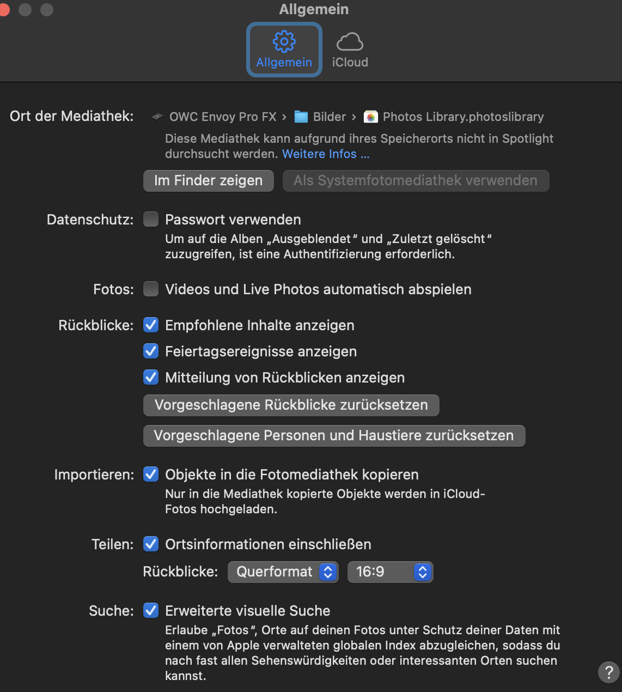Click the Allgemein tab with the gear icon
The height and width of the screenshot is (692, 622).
(x=284, y=50)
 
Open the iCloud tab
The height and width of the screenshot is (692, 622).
(x=350, y=50)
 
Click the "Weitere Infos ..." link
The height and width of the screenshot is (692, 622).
(x=326, y=154)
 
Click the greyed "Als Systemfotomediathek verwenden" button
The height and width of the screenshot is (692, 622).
(x=416, y=181)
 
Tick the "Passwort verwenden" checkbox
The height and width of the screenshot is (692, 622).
(x=151, y=220)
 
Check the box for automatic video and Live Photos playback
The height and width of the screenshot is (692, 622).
(x=151, y=289)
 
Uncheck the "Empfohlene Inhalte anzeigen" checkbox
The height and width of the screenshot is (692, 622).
(x=151, y=325)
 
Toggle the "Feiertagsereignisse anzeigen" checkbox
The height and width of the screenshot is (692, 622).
(x=151, y=351)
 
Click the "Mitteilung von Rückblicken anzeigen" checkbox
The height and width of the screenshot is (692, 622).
(x=151, y=378)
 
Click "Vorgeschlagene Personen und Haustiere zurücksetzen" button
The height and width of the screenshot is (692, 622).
(x=334, y=436)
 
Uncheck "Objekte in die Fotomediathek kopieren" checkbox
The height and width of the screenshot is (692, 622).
(x=151, y=475)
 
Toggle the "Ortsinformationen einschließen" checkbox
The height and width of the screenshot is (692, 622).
(x=151, y=544)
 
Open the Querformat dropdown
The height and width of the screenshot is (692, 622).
(x=283, y=572)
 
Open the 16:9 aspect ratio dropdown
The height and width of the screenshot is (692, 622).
(x=390, y=572)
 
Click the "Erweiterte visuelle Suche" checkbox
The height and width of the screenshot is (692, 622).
(x=151, y=611)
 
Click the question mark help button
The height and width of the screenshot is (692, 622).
(x=608, y=672)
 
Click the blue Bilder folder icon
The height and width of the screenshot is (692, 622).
(x=301, y=117)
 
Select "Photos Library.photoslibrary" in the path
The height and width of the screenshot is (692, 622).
(x=463, y=117)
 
